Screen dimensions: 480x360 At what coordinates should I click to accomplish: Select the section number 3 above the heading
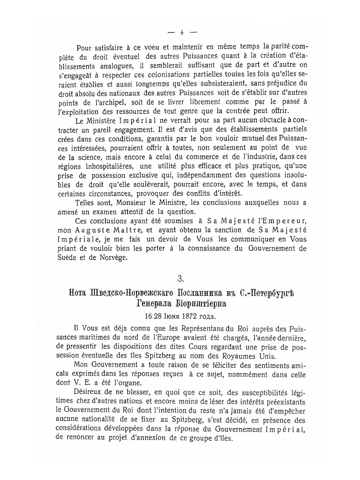coord(181,278)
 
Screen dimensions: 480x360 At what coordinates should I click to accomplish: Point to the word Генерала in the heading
coord(153,304)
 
